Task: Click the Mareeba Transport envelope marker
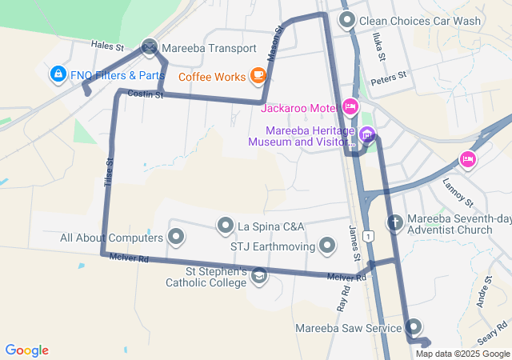point(150,48)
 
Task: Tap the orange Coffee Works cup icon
point(258,76)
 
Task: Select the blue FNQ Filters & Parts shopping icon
point(58,75)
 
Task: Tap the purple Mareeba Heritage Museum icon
point(367,134)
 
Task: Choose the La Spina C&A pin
point(226,226)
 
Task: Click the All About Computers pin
point(176,237)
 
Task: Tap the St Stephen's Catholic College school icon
point(259,276)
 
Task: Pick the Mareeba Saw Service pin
point(414,326)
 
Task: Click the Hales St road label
point(107,46)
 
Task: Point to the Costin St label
point(146,95)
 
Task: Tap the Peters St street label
point(390,78)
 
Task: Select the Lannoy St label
point(458,192)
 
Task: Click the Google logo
point(27,350)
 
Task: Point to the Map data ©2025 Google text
point(462,354)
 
